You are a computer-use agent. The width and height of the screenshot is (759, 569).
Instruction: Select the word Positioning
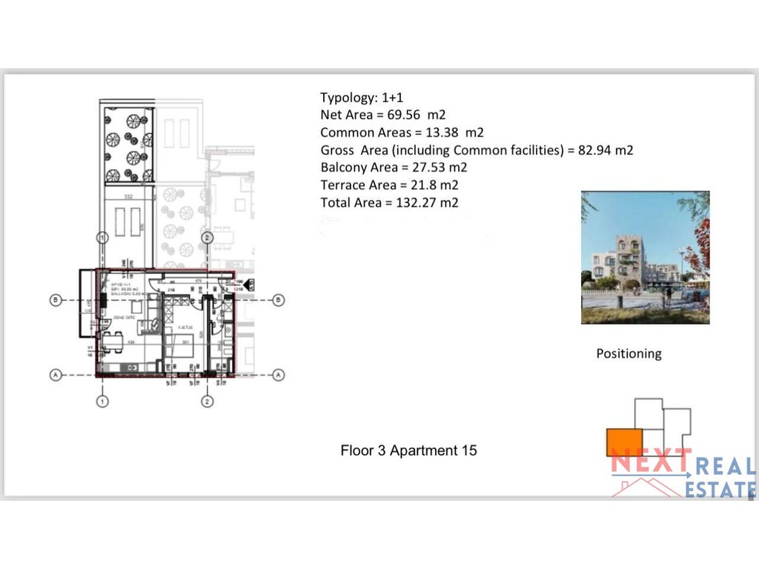[629, 354]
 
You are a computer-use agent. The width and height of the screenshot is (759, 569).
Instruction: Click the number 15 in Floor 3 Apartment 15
[468, 450]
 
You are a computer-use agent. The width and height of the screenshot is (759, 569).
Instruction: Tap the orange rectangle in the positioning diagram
[624, 442]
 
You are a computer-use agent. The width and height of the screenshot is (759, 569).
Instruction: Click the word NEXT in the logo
[650, 464]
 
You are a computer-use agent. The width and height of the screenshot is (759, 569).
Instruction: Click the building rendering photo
[645, 257]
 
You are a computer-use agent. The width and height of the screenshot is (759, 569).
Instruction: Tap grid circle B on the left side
[55, 300]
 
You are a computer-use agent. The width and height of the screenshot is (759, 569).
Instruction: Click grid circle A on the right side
[278, 375]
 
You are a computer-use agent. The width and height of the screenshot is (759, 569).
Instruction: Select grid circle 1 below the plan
[102, 402]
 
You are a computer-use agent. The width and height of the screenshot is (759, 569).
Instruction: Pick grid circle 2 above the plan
[208, 237]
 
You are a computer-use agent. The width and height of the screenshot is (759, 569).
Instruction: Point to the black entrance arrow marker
[249, 283]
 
